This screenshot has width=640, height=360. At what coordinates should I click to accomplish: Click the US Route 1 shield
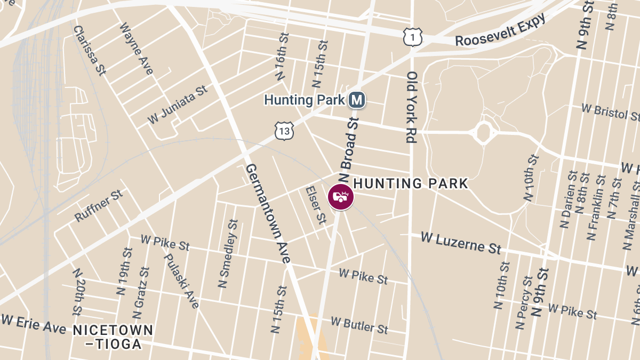point(413,37)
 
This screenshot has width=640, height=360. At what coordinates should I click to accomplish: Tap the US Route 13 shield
point(285,130)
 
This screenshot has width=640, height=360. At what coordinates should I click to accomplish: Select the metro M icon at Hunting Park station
point(357,100)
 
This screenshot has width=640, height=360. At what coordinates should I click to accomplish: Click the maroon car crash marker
point(341,197)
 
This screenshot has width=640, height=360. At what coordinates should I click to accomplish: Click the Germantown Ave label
point(268,213)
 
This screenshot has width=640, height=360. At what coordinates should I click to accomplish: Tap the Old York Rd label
point(411,107)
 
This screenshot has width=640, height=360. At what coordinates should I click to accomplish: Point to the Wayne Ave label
point(136,49)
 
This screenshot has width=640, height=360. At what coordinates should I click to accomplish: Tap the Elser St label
point(315,205)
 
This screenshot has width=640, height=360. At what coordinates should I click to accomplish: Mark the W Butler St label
point(359,325)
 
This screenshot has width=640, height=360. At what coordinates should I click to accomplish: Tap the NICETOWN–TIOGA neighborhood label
point(113,337)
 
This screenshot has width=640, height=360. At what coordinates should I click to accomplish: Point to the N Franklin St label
point(597,207)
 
